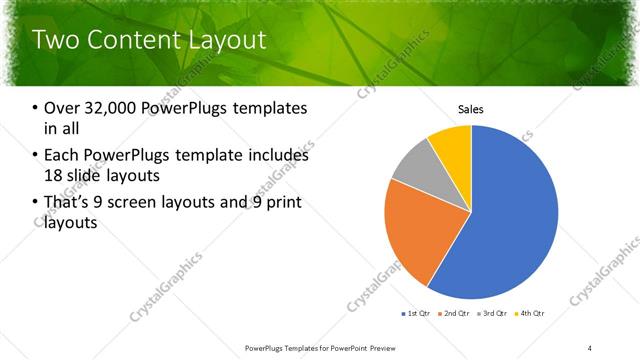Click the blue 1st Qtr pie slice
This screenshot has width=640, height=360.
click(x=510, y=220)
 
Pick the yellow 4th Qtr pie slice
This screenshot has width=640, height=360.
click(x=453, y=143)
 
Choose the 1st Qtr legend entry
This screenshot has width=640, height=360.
click(x=417, y=314)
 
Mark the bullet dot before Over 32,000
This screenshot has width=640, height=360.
click(x=36, y=109)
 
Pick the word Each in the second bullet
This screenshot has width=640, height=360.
click(x=63, y=156)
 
